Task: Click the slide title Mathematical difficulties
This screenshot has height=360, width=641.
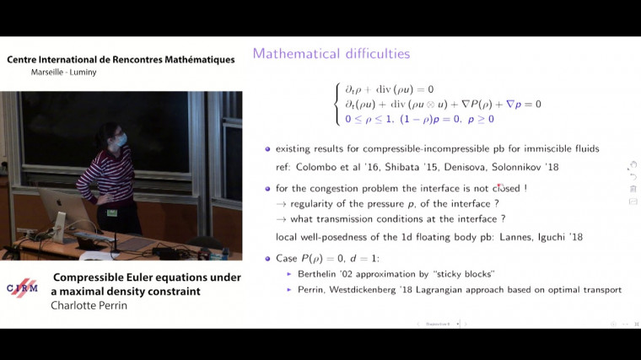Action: click(x=331, y=54)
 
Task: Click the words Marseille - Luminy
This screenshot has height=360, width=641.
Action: click(x=61, y=73)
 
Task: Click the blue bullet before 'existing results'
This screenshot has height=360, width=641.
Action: click(x=267, y=149)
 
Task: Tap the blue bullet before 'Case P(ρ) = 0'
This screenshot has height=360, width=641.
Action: click(x=267, y=258)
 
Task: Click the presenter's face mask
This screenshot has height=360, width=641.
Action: click(x=122, y=138)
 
